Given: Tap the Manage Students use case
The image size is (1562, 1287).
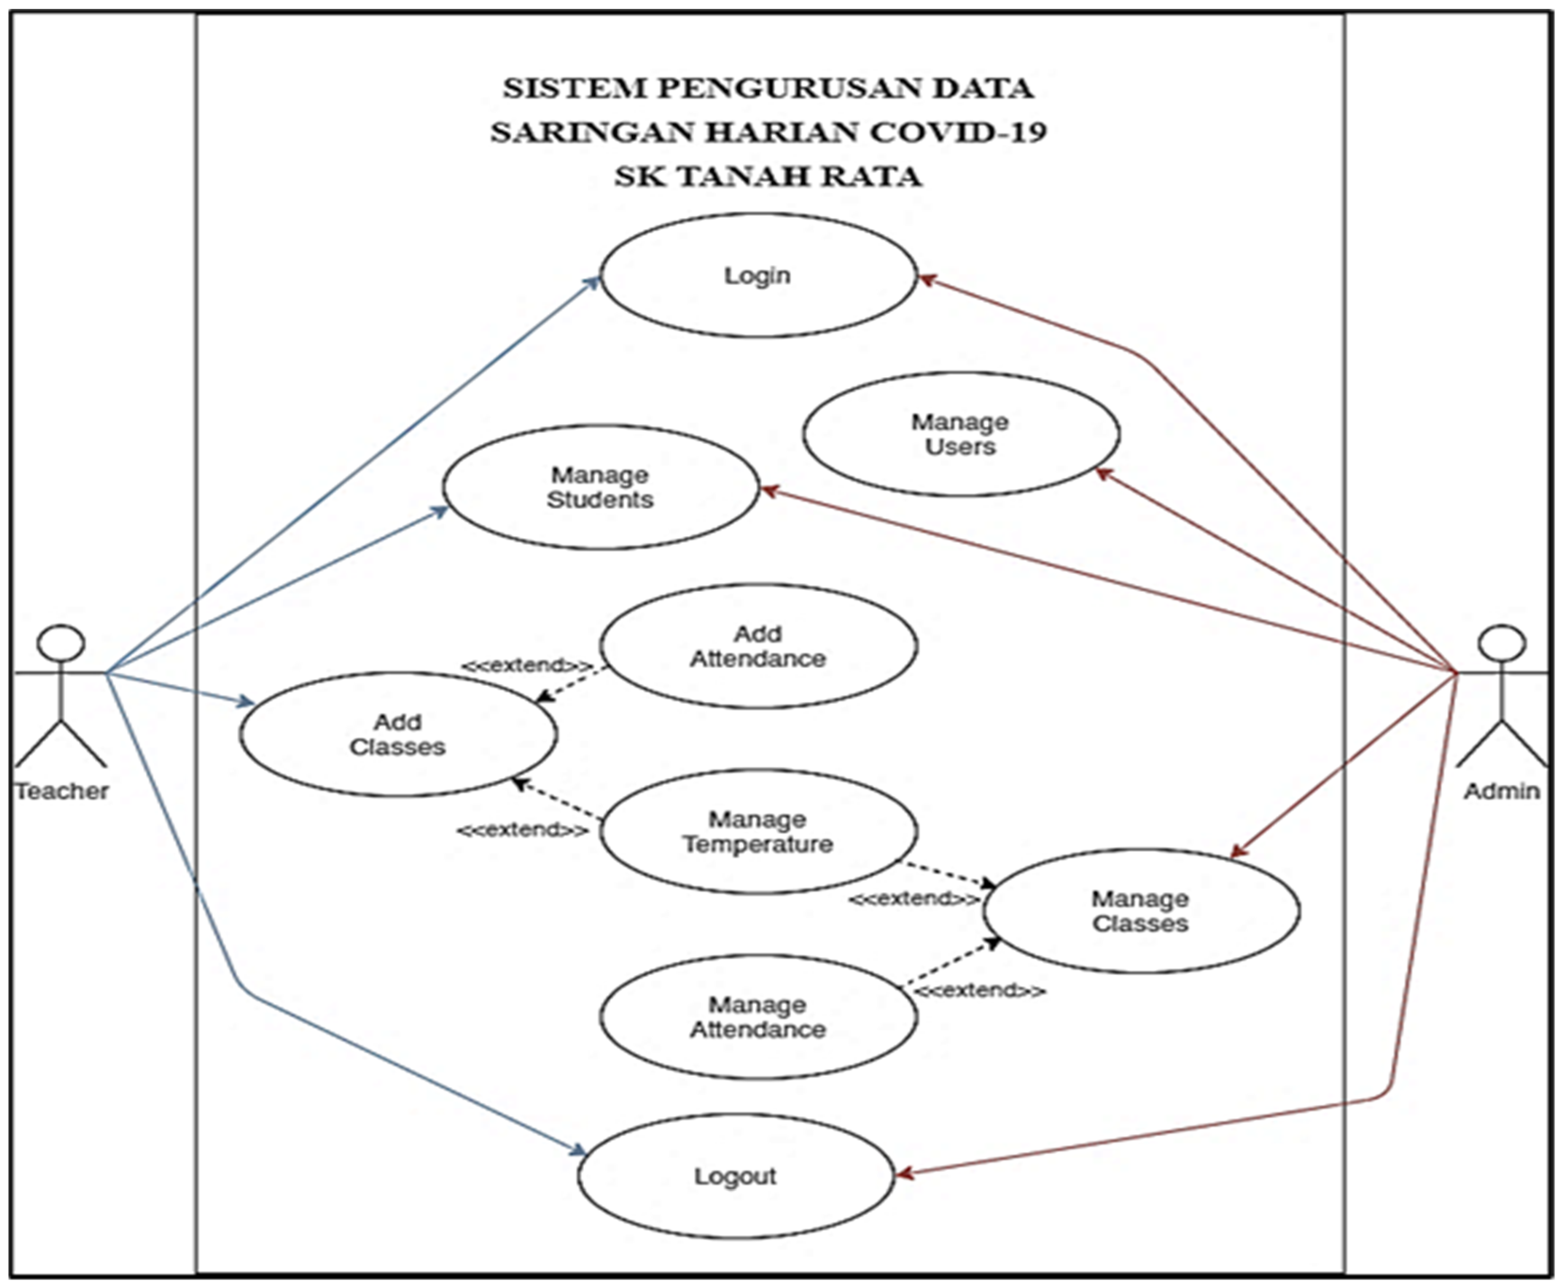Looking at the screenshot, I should coord(601,487).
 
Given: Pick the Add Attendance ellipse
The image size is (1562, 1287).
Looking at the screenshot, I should coord(757,646).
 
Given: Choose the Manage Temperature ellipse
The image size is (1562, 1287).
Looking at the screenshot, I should coord(757,831).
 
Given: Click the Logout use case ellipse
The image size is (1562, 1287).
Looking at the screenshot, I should coord(735,1176).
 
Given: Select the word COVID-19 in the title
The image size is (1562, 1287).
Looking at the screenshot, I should coord(958,133).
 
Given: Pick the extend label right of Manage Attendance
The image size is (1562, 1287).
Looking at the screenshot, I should coord(980,990).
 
